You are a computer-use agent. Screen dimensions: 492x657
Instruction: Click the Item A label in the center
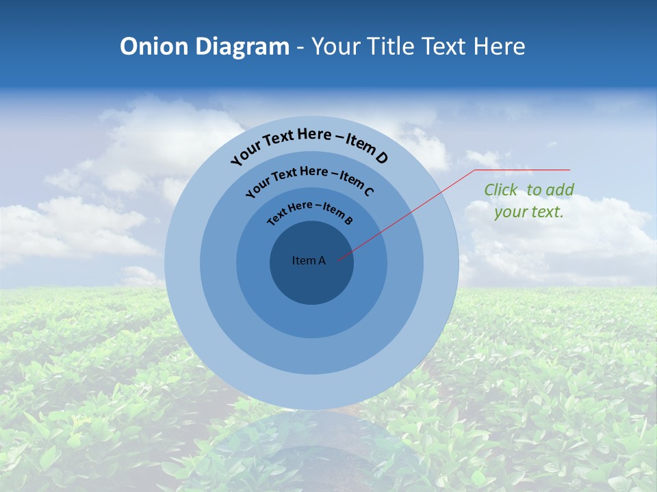309,260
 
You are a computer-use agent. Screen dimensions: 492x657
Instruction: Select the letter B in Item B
348,220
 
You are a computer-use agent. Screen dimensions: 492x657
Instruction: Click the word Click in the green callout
500,190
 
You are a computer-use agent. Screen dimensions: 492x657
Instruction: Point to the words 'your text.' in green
528,212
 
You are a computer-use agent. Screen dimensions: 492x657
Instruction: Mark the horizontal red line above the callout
522,169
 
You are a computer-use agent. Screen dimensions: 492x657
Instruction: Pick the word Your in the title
339,46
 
